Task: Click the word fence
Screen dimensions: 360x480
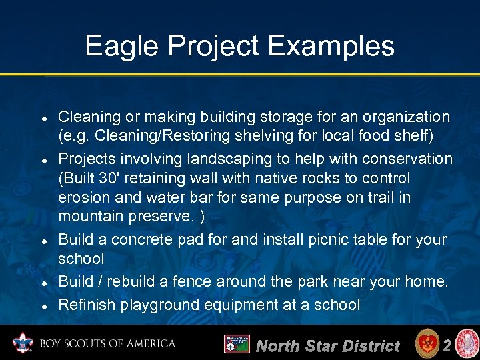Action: (x=195, y=282)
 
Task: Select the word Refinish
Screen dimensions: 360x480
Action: (x=83, y=305)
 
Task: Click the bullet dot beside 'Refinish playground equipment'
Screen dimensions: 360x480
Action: (x=43, y=305)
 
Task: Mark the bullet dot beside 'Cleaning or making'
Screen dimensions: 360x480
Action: (x=43, y=117)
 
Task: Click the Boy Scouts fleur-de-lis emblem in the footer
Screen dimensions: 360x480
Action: (x=23, y=344)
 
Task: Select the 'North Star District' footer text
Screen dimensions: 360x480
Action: (x=327, y=345)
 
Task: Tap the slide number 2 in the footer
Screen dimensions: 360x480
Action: (x=447, y=345)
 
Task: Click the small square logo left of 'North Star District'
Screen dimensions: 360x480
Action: (x=237, y=344)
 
